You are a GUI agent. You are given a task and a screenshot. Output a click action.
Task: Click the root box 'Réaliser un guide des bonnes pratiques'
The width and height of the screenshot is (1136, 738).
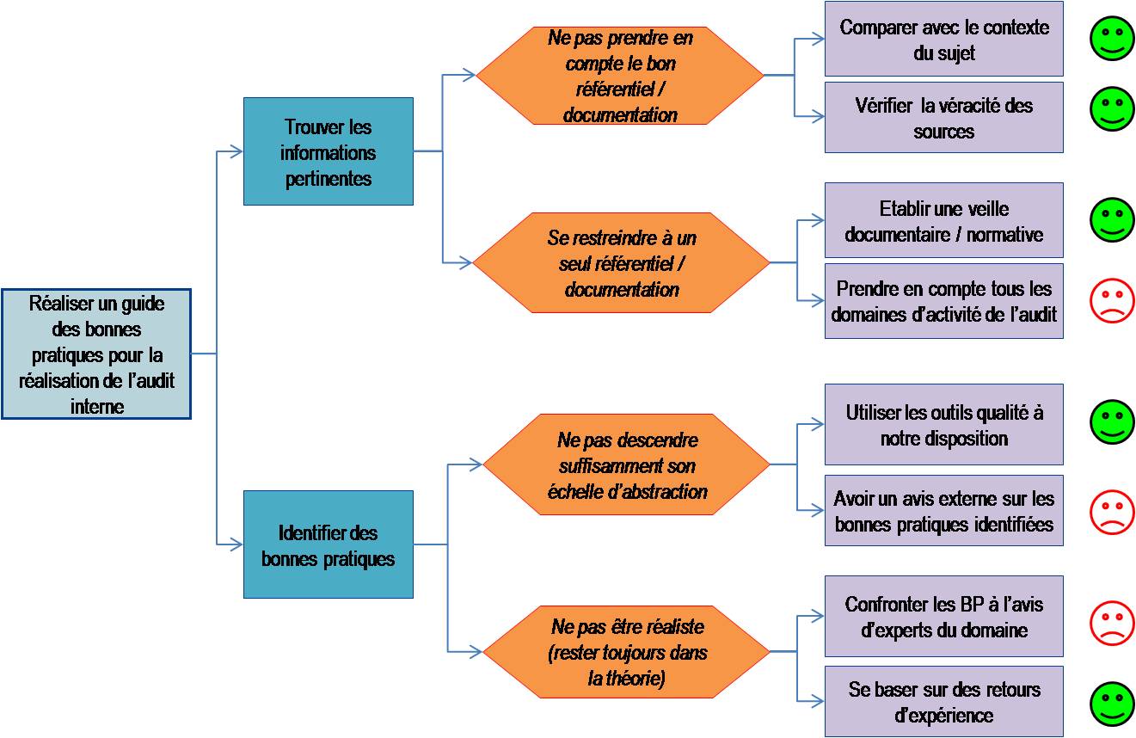[96, 354]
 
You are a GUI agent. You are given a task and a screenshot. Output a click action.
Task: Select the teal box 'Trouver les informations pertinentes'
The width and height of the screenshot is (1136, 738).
[328, 151]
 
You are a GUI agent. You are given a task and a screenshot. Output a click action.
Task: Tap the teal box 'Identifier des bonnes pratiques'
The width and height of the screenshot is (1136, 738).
[328, 544]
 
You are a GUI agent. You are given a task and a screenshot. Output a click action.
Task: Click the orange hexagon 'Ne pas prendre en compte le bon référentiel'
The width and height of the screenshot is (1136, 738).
[620, 76]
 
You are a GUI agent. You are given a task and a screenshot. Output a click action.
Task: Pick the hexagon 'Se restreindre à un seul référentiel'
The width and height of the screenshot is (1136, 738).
[621, 262]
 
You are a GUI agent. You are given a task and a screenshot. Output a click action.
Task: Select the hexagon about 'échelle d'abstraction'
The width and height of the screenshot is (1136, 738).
[626, 464]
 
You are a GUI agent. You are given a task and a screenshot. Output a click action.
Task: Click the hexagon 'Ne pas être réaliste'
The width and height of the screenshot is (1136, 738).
[626, 652]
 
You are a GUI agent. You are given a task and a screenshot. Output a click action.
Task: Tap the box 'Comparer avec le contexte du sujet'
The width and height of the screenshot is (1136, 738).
[943, 40]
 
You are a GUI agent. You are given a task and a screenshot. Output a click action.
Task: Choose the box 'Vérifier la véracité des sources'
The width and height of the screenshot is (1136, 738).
[943, 118]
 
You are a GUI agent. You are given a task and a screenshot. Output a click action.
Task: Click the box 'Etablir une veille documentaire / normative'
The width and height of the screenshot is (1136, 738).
[943, 220]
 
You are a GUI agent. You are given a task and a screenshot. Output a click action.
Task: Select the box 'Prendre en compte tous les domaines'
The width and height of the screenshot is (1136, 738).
[943, 301]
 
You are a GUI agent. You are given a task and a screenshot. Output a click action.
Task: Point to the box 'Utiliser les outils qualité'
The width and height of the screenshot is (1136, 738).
[943, 424]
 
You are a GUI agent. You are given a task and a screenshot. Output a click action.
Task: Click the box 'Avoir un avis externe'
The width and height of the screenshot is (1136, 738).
[943, 510]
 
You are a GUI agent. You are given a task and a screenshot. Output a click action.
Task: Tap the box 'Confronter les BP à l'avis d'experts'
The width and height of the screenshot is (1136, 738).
[943, 616]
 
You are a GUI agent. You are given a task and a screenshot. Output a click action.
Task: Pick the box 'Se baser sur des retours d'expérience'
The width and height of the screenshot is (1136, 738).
[943, 701]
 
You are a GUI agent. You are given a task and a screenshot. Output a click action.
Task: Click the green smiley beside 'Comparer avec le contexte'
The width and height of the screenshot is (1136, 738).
[1112, 39]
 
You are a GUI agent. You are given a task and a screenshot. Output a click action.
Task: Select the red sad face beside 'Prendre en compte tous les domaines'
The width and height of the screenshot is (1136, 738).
[1112, 301]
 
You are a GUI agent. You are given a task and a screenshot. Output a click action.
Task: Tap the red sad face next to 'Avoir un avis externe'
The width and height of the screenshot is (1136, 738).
[1112, 511]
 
